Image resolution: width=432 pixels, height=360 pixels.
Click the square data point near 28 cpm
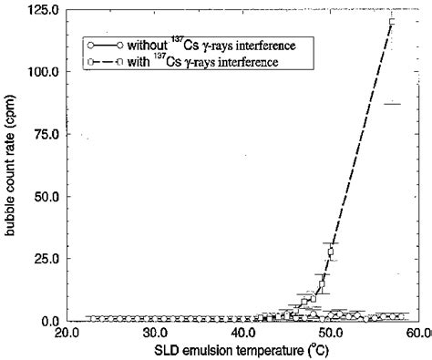point(331,251)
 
